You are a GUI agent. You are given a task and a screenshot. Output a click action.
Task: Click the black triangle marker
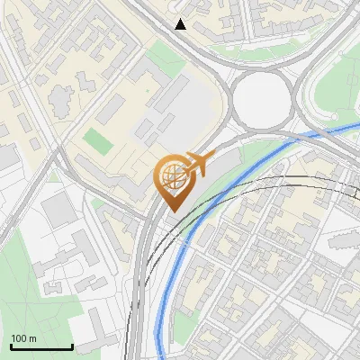[181, 24]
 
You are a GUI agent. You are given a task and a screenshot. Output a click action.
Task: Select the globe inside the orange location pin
[171, 175]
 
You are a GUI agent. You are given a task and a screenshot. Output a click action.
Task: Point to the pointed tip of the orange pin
[171, 211]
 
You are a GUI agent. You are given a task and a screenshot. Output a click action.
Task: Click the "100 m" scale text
[24, 338]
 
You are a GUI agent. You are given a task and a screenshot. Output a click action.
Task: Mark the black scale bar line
[41, 347]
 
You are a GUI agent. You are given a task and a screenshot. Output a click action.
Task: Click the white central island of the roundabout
[263, 94]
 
